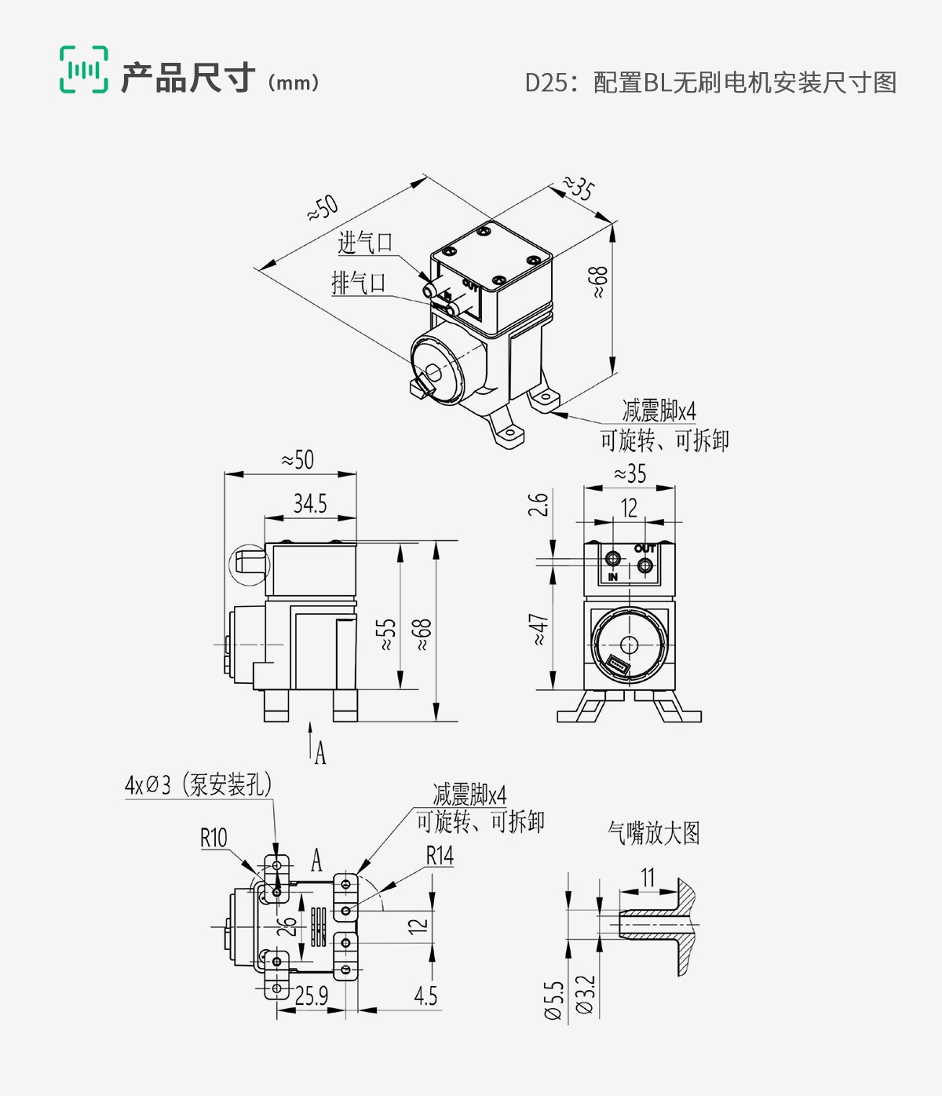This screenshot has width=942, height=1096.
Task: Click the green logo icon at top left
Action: pyautogui.click(x=84, y=70)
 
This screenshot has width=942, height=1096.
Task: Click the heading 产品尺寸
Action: pyautogui.click(x=188, y=79)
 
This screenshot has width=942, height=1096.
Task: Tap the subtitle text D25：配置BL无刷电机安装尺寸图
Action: pyautogui.click(x=710, y=82)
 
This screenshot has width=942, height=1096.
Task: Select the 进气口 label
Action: pyautogui.click(x=365, y=243)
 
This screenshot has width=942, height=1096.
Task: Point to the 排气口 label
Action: pyautogui.click(x=359, y=283)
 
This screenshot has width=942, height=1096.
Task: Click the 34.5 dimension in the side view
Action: pyautogui.click(x=310, y=504)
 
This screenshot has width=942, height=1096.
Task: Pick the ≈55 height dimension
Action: pyautogui.click(x=385, y=634)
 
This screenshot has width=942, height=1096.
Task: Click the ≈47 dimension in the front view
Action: pyautogui.click(x=539, y=630)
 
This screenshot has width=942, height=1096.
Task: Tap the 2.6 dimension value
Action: pyautogui.click(x=538, y=504)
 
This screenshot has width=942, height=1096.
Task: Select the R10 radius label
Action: pyautogui.click(x=214, y=838)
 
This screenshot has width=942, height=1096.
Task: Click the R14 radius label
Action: pyautogui.click(x=440, y=856)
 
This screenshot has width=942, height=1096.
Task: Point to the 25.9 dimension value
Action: pyautogui.click(x=312, y=996)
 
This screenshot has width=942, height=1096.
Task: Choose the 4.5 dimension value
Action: pyautogui.click(x=425, y=996)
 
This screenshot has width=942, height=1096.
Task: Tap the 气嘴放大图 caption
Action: pyautogui.click(x=653, y=833)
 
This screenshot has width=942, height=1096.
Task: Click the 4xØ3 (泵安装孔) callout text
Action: pyautogui.click(x=198, y=784)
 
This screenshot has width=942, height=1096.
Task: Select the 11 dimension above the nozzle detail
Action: pyautogui.click(x=648, y=877)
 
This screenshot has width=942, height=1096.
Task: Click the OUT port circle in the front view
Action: pyautogui.click(x=644, y=565)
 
